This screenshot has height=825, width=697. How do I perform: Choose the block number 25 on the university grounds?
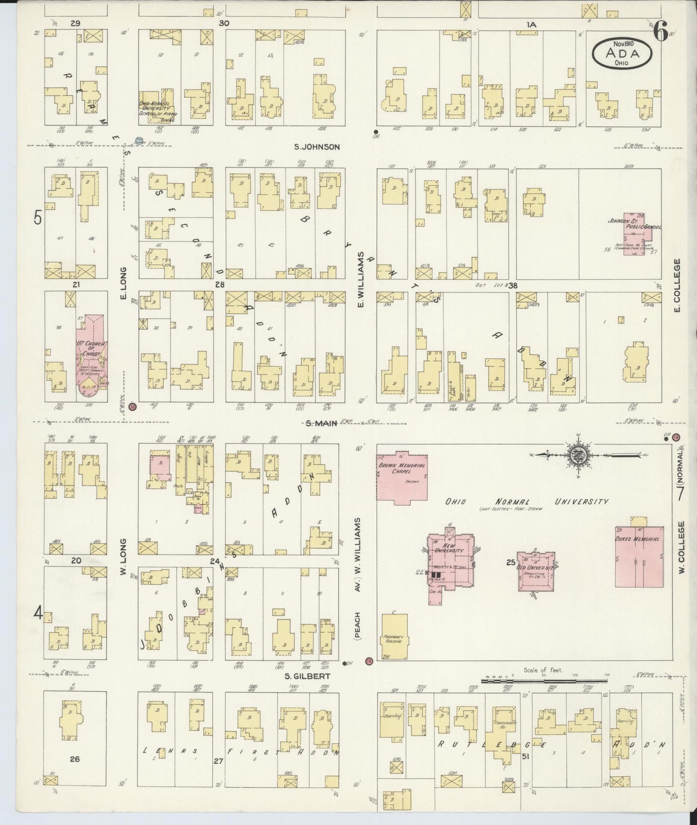click(x=511, y=562)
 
